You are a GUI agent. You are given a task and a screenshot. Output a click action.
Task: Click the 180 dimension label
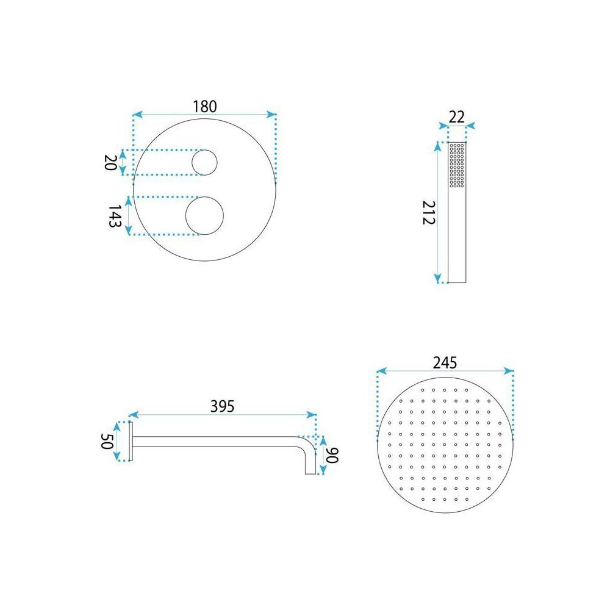(x=204, y=106)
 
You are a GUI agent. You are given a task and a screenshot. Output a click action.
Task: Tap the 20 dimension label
(x=110, y=162)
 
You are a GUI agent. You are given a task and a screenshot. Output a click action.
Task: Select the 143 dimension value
(x=115, y=217)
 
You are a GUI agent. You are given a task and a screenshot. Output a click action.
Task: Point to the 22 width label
(x=456, y=117)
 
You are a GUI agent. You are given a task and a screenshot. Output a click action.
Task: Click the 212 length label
(x=428, y=212)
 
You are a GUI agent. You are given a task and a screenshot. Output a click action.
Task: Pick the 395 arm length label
(x=222, y=406)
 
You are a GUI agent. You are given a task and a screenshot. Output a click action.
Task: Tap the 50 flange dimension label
(x=107, y=441)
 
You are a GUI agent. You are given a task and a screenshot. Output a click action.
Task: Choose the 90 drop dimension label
(x=332, y=455)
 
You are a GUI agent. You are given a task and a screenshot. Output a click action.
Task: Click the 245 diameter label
(x=445, y=362)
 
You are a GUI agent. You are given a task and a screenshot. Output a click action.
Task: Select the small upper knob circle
(x=204, y=150)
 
